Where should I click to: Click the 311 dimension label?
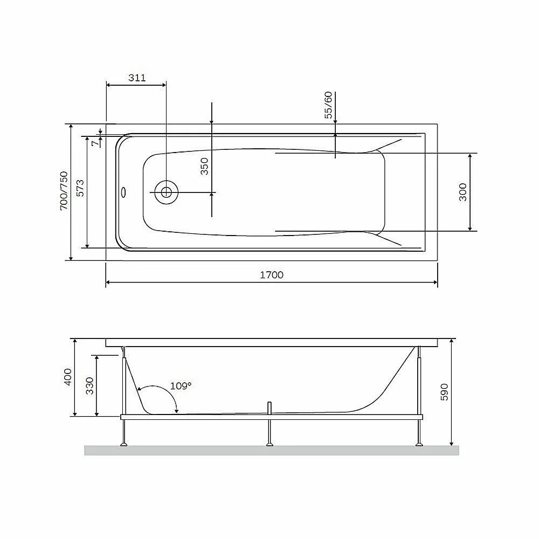pyautogui.click(x=137, y=78)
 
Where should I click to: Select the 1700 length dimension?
pyautogui.click(x=272, y=275)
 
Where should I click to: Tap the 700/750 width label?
pyautogui.click(x=64, y=191)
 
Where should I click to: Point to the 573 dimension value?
pyautogui.click(x=80, y=188)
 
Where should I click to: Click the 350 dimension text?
pyautogui.click(x=204, y=167)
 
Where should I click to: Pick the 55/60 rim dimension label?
pyautogui.click(x=329, y=105)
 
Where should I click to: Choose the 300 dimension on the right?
pyautogui.click(x=463, y=192)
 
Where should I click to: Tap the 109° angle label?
pyautogui.click(x=181, y=386)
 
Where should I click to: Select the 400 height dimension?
pyautogui.click(x=68, y=377)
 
